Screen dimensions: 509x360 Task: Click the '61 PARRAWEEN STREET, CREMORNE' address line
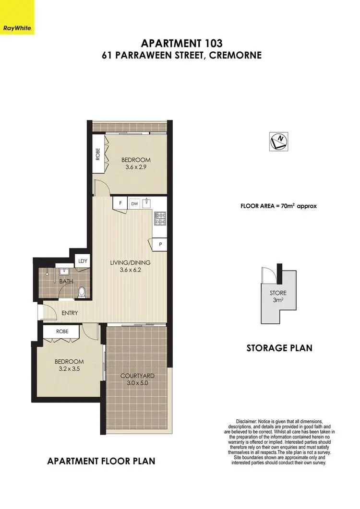tap(181, 56)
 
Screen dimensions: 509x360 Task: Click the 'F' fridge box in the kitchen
tap(120, 203)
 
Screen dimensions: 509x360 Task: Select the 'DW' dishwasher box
tap(134, 203)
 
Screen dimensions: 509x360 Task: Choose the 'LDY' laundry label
tap(83, 261)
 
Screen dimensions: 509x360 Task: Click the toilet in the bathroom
tap(82, 291)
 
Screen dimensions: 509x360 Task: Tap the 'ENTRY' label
tap(70, 313)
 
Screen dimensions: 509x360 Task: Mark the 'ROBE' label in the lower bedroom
tap(62, 331)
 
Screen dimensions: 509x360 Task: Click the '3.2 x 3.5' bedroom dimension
tap(70, 369)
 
